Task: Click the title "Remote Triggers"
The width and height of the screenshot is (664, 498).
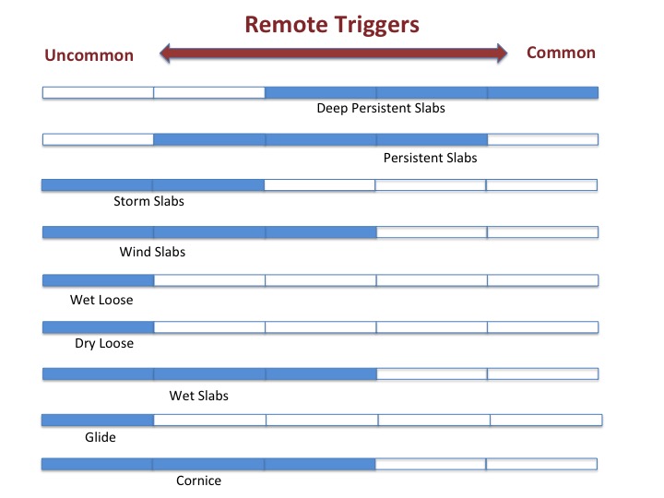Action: [x=332, y=25]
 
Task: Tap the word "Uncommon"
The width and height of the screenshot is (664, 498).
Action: [x=89, y=55]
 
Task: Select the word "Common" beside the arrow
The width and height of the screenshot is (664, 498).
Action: [x=561, y=53]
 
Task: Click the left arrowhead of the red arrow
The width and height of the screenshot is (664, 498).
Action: [x=165, y=53]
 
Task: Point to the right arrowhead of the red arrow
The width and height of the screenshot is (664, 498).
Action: [x=502, y=53]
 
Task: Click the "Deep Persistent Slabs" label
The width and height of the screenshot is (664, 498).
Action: [x=381, y=109]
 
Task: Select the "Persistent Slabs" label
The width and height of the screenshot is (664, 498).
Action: [x=431, y=158]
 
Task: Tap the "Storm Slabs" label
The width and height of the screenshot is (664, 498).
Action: [x=148, y=201]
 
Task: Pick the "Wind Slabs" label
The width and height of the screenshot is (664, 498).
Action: [x=152, y=252]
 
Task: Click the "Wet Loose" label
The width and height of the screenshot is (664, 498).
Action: [x=101, y=300]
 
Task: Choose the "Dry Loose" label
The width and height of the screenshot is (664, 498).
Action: [x=104, y=343]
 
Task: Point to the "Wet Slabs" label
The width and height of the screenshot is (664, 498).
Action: [x=198, y=396]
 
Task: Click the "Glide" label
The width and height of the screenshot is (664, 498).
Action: [x=101, y=437]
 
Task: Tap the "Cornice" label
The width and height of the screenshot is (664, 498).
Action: [x=198, y=480]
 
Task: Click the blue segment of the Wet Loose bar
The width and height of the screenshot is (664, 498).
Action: [x=99, y=280]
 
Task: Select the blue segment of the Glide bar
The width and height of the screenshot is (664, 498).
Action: [x=98, y=421]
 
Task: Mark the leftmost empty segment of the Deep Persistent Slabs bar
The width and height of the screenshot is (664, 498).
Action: [x=99, y=93]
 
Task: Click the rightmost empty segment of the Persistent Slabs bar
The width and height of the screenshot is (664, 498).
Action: [x=543, y=139]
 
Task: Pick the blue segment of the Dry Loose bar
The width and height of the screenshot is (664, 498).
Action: [x=99, y=327]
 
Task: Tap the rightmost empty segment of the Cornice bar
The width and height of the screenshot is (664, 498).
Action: [x=541, y=464]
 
